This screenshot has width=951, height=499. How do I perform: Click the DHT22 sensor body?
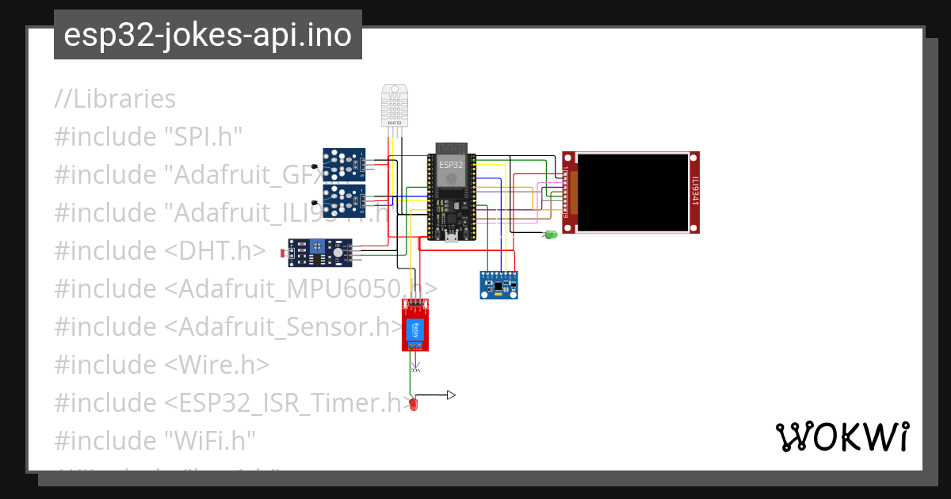(x=395, y=105)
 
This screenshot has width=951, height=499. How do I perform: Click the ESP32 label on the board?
(x=451, y=165)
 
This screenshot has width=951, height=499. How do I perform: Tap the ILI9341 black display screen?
(x=632, y=192)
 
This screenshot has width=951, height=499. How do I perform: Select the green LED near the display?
(x=551, y=234)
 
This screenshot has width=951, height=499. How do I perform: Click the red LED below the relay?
(x=413, y=405)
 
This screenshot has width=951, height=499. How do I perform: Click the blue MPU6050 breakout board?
(x=498, y=284)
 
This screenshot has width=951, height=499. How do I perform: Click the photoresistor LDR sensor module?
(x=318, y=253)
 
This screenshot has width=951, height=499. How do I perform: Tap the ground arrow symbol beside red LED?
(x=451, y=394)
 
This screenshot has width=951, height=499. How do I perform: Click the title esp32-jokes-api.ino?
(x=208, y=35)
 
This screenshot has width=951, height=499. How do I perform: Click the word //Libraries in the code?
(x=116, y=99)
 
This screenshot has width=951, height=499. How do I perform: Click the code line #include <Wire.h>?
(x=162, y=364)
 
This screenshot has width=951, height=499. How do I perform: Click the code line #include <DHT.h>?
(x=159, y=250)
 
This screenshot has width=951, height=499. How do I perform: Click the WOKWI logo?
(x=842, y=436)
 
